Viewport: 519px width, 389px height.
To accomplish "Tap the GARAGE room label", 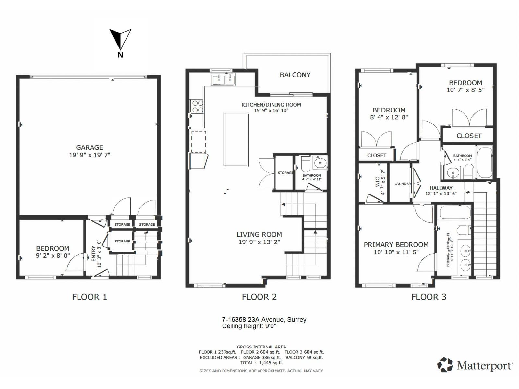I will [90, 147].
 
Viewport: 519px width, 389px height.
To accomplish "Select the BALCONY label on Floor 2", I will [295, 75].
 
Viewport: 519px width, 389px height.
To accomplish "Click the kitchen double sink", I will [224, 79].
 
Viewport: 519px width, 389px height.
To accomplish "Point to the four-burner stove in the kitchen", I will [197, 107].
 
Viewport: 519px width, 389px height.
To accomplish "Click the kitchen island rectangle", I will [236, 139].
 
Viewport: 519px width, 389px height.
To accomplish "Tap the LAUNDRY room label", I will [403, 184].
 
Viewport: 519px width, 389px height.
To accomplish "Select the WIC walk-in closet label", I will [378, 182].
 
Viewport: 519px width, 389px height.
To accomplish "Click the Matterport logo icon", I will [445, 365].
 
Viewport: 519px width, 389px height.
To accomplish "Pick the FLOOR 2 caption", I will [259, 297].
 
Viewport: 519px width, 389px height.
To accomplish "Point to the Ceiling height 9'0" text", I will [249, 326].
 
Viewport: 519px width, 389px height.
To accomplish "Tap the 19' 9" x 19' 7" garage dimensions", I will [90, 155].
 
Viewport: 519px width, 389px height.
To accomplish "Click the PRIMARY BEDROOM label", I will [396, 245].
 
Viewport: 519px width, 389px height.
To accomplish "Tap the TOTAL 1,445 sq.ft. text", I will [261, 363].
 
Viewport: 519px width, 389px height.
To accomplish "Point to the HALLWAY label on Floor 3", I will [441, 188].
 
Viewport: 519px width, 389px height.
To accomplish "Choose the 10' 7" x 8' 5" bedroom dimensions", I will [465, 90].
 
